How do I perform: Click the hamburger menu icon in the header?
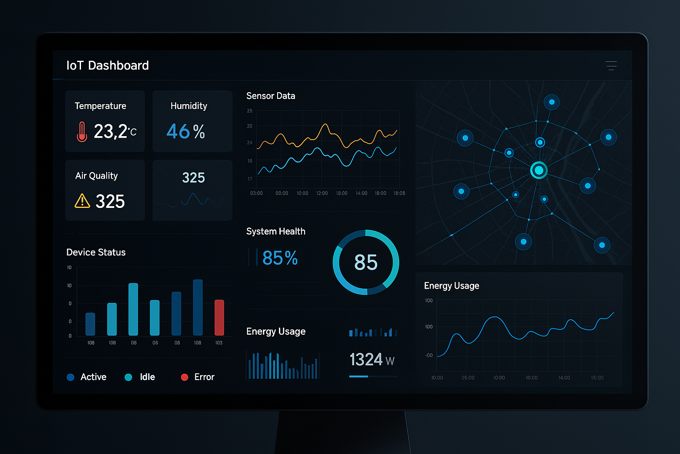tap(611, 66)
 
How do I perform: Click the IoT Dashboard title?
tap(108, 66)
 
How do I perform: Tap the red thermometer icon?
tap(81, 132)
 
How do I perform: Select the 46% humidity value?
tap(185, 131)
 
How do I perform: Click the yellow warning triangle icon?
tap(82, 201)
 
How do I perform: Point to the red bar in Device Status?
tap(219, 317)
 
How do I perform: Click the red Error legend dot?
tap(185, 377)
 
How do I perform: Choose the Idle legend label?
tap(147, 377)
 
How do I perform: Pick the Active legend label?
tap(93, 377)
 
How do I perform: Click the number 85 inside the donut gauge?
tap(366, 262)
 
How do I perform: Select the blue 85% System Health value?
tap(280, 258)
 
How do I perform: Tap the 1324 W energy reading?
tap(371, 360)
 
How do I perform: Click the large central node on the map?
tap(539, 170)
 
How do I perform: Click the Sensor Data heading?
tap(270, 96)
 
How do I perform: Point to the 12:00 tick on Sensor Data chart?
tap(322, 193)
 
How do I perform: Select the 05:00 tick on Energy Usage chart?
tap(468, 378)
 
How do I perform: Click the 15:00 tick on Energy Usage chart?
tap(597, 378)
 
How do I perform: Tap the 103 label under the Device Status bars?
tap(219, 343)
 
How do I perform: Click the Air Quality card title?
tap(97, 176)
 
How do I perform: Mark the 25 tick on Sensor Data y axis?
tap(250, 111)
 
